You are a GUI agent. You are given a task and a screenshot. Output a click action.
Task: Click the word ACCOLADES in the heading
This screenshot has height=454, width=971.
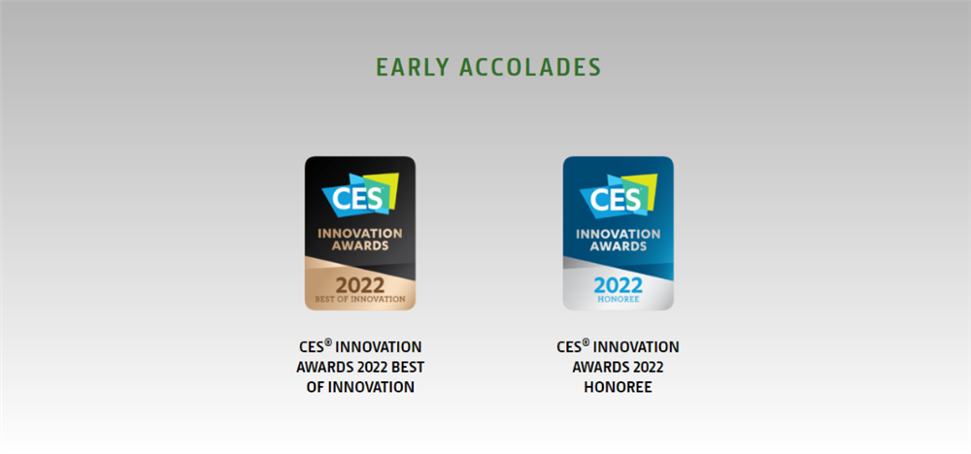tap(530, 67)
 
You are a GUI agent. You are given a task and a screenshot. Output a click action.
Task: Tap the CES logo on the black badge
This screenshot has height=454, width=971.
tap(360, 194)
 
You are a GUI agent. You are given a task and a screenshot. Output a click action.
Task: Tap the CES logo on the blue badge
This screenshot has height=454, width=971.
tap(619, 194)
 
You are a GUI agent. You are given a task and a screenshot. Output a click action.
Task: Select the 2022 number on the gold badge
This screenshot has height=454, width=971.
tap(360, 285)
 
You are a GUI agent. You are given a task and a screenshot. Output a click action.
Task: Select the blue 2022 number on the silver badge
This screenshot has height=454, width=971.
tap(618, 285)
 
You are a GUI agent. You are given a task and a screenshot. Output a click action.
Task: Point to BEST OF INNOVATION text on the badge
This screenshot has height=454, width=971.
tap(360, 300)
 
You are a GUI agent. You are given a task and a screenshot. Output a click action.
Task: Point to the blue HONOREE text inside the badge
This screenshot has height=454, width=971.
tap(618, 300)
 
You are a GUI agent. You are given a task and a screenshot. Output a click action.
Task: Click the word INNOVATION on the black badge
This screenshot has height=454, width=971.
tap(360, 234)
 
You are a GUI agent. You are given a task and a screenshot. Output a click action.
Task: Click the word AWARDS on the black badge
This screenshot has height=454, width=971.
tap(360, 245)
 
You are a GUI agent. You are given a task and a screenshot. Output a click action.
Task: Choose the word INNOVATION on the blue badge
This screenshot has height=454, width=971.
tap(618, 234)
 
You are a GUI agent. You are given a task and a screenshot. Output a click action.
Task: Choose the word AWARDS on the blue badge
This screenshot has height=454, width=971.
tap(618, 245)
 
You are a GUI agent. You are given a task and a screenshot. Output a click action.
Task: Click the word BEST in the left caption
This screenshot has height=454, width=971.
tap(408, 368)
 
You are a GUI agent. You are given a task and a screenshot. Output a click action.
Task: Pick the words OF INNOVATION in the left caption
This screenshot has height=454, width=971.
tap(360, 388)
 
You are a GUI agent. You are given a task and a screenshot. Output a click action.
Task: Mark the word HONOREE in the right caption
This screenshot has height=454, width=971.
tap(618, 388)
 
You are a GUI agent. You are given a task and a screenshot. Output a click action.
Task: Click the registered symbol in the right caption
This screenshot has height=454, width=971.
tap(586, 343)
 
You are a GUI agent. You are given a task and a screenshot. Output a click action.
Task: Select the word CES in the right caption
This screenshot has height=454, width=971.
tap(569, 347)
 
